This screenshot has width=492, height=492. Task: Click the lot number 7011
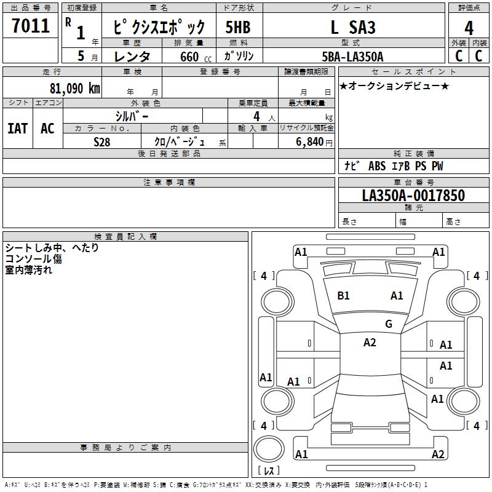31,25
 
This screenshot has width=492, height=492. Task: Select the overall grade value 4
469,28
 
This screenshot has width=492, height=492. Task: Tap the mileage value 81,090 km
75,88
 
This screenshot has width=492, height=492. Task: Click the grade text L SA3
353,27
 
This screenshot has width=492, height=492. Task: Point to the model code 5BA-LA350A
352,57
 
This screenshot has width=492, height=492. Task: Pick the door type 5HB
238,27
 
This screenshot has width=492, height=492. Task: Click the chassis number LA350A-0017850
413,196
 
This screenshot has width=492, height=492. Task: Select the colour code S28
102,142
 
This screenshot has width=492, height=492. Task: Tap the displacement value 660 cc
196,57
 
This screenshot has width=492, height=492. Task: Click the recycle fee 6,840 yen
314,142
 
